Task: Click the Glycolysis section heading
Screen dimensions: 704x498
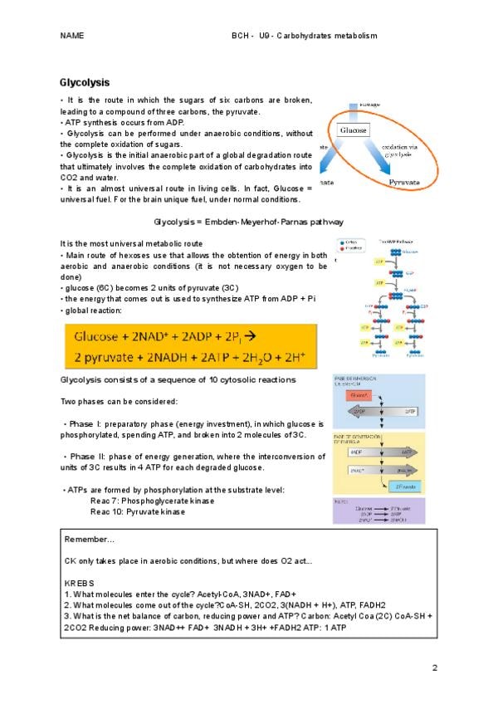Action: click(85, 83)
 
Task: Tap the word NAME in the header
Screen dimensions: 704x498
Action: click(73, 36)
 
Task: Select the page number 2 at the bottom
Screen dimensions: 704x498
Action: click(435, 667)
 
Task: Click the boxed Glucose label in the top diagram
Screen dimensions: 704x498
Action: click(353, 130)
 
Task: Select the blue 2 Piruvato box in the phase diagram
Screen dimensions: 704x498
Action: click(406, 485)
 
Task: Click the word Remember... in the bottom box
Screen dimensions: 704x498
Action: click(90, 540)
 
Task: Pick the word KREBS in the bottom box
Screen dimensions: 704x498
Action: click(80, 584)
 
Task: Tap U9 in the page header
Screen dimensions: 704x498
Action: click(265, 36)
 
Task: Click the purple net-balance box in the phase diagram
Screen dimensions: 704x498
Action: click(378, 511)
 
